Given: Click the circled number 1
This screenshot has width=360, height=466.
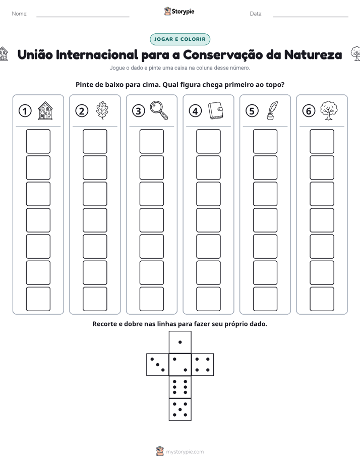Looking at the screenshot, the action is coord(25,111).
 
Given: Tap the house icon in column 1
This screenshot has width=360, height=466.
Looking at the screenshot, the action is coord(45,110).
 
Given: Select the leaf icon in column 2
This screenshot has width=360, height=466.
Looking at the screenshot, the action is coord(102,110).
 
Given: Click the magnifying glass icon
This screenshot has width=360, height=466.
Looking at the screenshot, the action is coord(159,110).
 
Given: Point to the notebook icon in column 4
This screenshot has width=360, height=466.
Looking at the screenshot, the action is coord(216,110).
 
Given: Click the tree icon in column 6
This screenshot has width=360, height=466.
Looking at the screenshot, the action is coord(329,110).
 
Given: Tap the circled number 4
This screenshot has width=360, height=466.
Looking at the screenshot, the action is coord(195,111).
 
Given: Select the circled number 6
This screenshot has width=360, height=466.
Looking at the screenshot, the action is coord(309,111).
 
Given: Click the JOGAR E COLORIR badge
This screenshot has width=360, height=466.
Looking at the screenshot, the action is coord(180,39).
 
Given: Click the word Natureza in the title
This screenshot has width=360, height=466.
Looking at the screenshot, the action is coord(313,54).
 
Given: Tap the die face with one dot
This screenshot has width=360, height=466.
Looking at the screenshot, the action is coord(180,342).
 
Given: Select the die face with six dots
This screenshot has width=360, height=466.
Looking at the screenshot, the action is coord(180,387).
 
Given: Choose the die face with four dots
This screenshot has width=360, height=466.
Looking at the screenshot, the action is coord(203,365).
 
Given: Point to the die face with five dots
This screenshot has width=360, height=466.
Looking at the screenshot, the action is coord(180,410).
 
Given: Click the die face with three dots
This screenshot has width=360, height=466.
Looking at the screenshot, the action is coord(158,365).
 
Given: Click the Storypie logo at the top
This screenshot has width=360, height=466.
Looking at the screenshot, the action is coord(179,11).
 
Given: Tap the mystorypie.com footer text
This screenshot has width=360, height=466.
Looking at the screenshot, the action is coord(185,452).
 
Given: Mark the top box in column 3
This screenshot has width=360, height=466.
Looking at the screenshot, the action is coord(151,141).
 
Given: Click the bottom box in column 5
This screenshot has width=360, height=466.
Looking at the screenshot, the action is coord(265,299).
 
